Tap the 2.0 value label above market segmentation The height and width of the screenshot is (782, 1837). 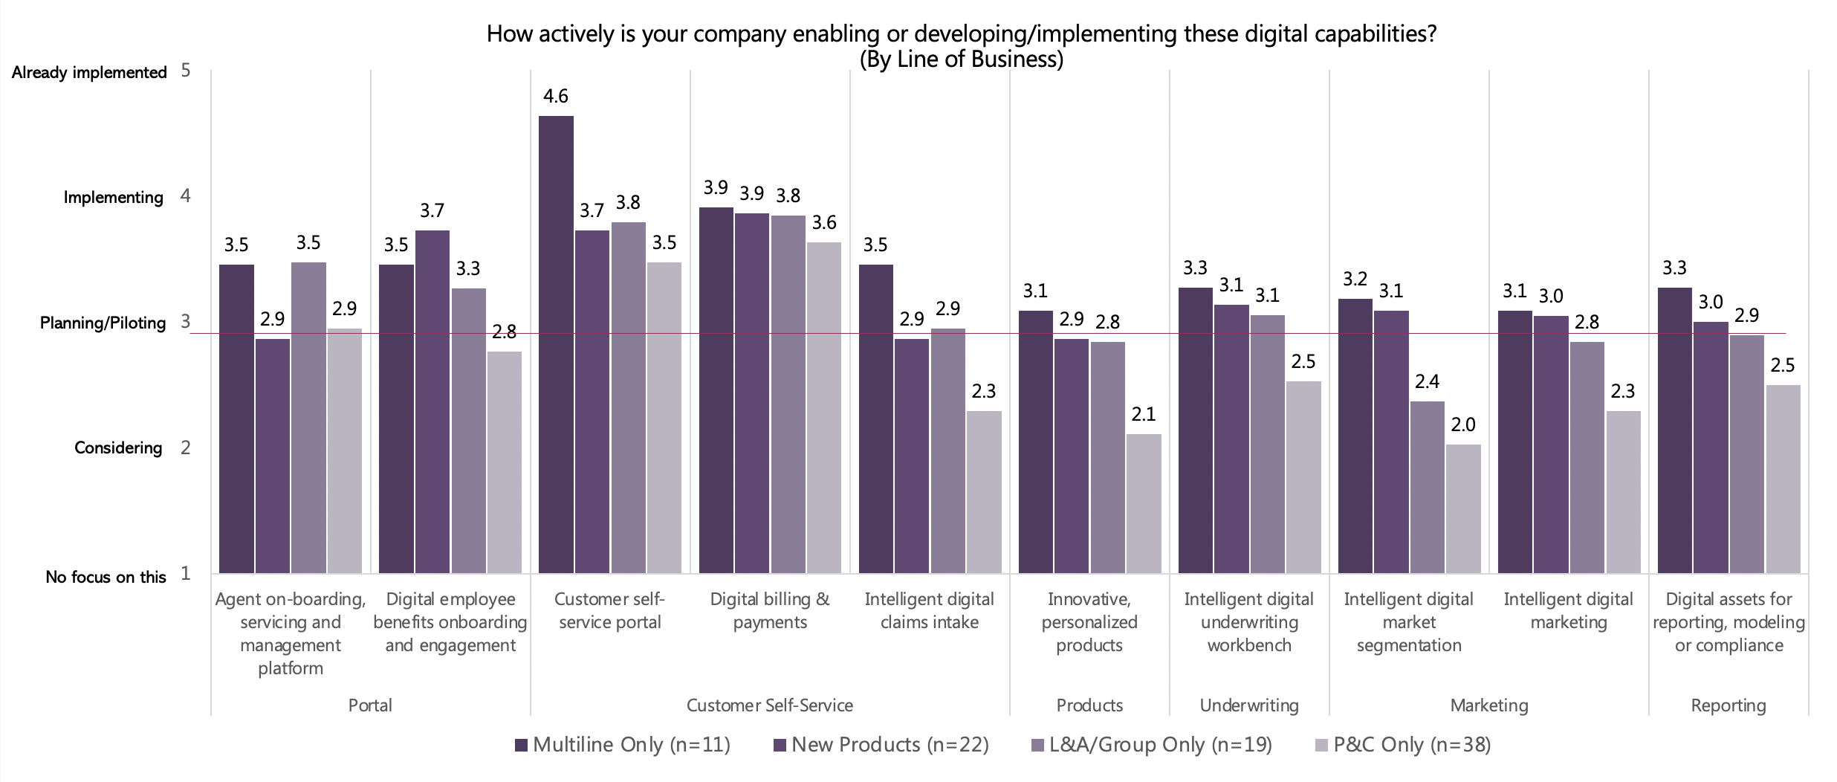tap(1462, 425)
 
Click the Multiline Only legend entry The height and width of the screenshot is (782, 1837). tap(623, 745)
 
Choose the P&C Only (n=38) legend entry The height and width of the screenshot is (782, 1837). tap(1403, 745)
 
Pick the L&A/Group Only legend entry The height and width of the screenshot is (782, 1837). tap(1152, 745)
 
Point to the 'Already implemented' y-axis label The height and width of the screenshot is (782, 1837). tap(89, 73)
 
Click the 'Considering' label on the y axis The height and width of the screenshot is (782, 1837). tap(118, 448)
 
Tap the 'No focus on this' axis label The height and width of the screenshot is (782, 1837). tap(106, 577)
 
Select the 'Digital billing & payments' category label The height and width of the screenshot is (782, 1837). tap(770, 610)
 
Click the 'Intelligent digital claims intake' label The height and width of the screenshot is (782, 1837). tap(929, 610)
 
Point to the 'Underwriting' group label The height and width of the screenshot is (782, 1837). tap(1249, 705)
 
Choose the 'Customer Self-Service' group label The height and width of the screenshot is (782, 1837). tap(769, 705)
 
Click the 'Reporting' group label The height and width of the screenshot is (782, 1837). tap(1729, 705)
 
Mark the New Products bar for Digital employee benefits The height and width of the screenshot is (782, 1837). tap(432, 401)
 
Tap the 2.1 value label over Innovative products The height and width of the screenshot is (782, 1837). tap(1143, 415)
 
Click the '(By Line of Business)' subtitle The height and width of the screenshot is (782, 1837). tap(961, 59)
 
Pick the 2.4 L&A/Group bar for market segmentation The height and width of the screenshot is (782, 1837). tap(1427, 487)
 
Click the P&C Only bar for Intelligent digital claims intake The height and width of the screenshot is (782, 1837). tap(983, 491)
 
